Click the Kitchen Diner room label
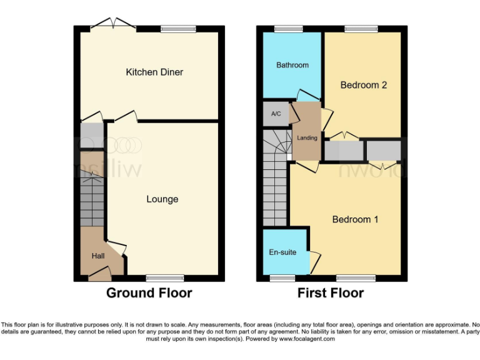click(154, 72)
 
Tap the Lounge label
click(162, 199)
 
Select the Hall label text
click(98, 256)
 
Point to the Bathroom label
click(292, 65)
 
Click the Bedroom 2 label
click(363, 85)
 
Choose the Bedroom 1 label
click(355, 219)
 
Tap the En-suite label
click(283, 252)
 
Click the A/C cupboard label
click(276, 114)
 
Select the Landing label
click(307, 138)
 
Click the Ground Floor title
click(149, 293)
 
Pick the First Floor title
click(330, 293)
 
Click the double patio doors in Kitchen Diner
click(113, 26)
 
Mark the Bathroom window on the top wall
click(288, 29)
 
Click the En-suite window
click(282, 277)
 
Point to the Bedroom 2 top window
click(361, 29)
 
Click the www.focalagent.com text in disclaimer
click(306, 339)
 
